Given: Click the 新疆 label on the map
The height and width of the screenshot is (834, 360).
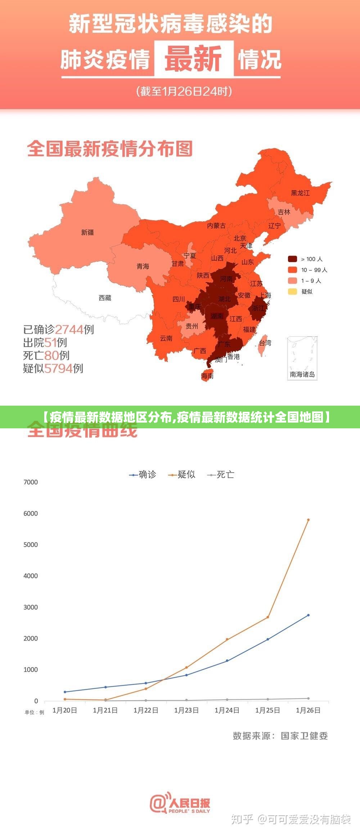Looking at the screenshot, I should pyautogui.click(x=87, y=233).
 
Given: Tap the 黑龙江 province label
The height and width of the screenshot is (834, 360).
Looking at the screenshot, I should pyautogui.click(x=300, y=193).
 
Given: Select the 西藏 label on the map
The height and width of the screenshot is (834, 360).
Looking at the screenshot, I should pyautogui.click(x=105, y=298).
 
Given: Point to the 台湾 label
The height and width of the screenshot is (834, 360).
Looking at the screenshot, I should pyautogui.click(x=265, y=343).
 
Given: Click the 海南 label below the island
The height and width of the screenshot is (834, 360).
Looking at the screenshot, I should pyautogui.click(x=207, y=376).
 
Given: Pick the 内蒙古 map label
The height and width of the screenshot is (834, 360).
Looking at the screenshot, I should pyautogui.click(x=216, y=226).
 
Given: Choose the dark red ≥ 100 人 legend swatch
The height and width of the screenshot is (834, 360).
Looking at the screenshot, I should pyautogui.click(x=292, y=259).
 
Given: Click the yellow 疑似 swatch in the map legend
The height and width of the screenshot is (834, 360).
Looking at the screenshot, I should pyautogui.click(x=292, y=292).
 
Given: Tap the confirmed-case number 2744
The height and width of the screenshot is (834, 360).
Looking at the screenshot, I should pyautogui.click(x=69, y=329).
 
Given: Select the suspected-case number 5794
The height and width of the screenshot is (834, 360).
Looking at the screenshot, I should pyautogui.click(x=58, y=368).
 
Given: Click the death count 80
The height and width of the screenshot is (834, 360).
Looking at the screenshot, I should pyautogui.click(x=51, y=355).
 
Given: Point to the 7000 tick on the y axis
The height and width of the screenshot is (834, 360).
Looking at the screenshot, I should pyautogui.click(x=31, y=482).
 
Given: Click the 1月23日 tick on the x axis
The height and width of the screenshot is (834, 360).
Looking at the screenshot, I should pyautogui.click(x=186, y=710).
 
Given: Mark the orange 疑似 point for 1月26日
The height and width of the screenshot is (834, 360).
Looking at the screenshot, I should pyautogui.click(x=308, y=520).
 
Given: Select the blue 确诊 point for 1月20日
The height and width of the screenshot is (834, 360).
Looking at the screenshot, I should pyautogui.click(x=65, y=692).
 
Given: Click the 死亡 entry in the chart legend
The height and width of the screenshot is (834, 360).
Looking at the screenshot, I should pyautogui.click(x=221, y=475).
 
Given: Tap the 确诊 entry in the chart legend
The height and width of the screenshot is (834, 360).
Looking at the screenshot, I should pyautogui.click(x=143, y=475).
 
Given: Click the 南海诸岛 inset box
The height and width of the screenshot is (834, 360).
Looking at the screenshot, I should pyautogui.click(x=302, y=358).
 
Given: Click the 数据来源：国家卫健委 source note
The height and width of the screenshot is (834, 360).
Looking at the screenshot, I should pyautogui.click(x=280, y=736).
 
